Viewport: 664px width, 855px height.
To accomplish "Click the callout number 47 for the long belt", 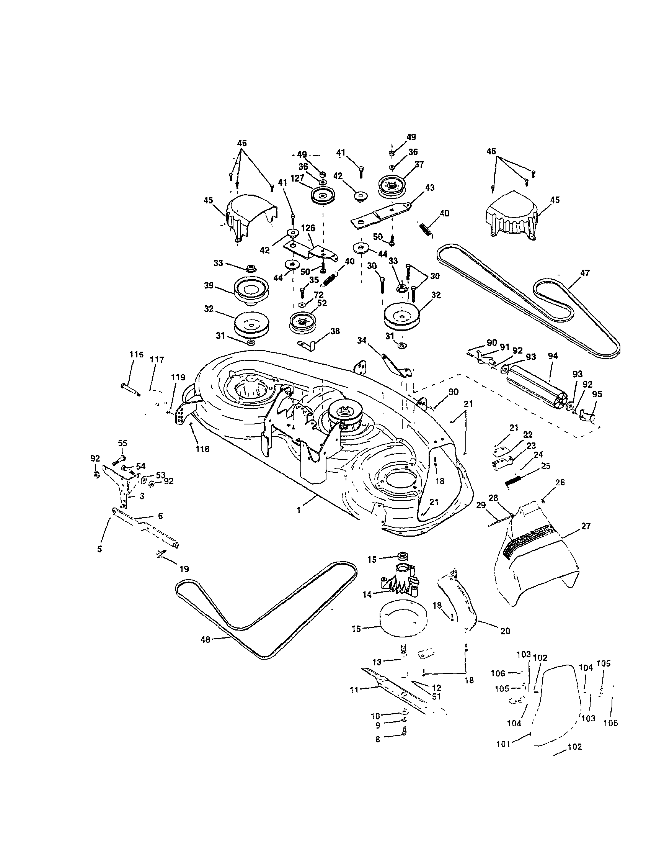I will tap(585, 273).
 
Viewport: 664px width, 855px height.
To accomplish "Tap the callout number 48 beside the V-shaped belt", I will tap(205, 639).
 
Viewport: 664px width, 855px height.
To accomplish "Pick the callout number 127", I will tap(297, 178).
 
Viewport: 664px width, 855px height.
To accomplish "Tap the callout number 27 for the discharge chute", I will tap(586, 526).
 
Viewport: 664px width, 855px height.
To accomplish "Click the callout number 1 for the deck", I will tap(299, 511).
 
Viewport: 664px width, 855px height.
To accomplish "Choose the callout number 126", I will tap(308, 228).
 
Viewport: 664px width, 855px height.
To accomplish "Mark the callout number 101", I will tap(503, 744).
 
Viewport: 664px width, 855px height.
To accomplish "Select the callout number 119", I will tap(178, 377).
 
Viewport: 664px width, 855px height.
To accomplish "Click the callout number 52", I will tap(322, 303).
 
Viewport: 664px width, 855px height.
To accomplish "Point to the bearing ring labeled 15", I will tap(401, 556).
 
